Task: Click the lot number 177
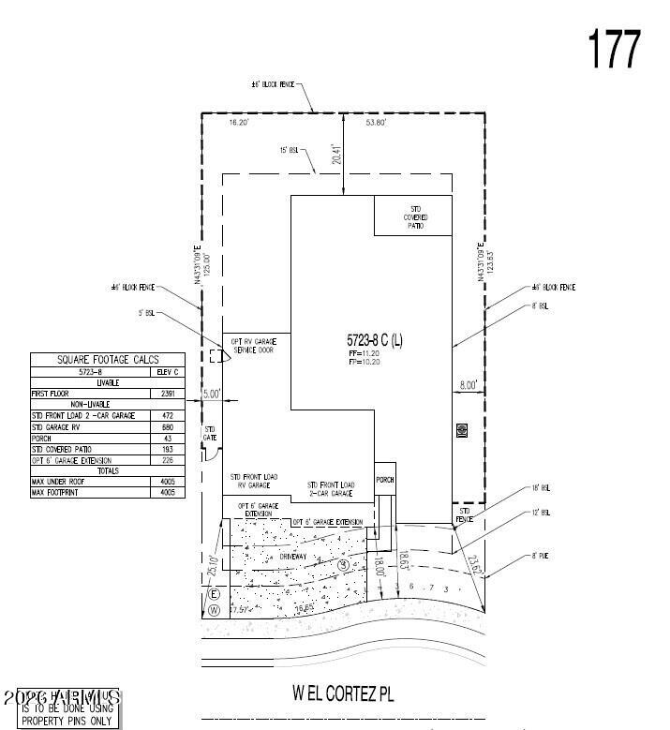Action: point(614,49)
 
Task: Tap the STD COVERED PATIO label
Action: point(414,216)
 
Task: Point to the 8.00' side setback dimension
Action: point(468,384)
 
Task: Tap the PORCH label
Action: point(385,479)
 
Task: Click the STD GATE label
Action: point(211,432)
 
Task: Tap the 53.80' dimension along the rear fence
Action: point(376,123)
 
